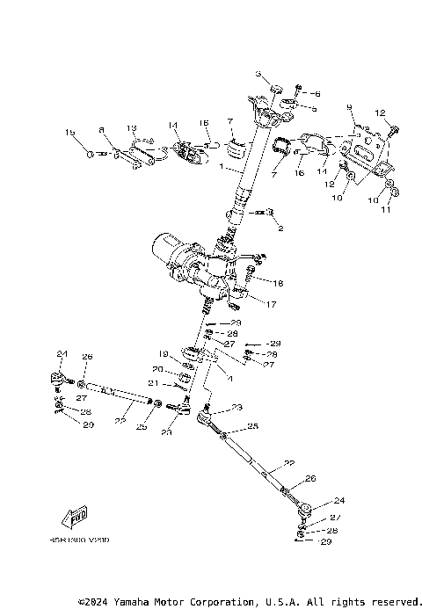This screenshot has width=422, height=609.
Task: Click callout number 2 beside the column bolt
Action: pos(281,228)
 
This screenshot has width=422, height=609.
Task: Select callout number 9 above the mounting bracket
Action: pos(350,106)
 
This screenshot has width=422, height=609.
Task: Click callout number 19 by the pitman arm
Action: pos(164,354)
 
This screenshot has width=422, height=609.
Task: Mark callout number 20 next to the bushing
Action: pos(157,369)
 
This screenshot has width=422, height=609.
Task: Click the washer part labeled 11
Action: pos(392,190)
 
